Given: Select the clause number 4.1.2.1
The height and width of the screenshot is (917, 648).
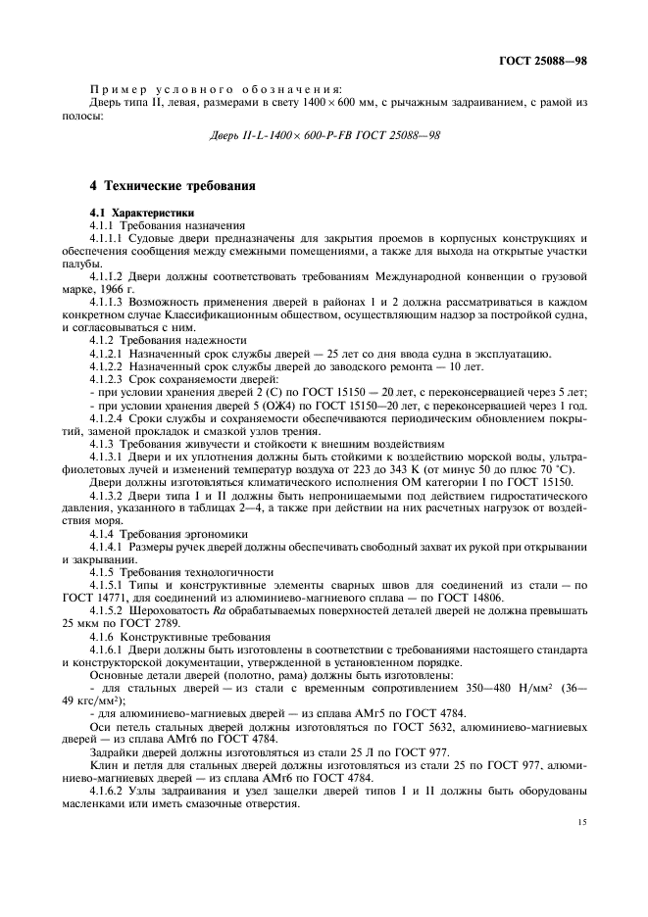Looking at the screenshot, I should pos(107,353).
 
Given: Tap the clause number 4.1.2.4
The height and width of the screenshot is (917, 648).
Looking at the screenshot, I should pos(107,416).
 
